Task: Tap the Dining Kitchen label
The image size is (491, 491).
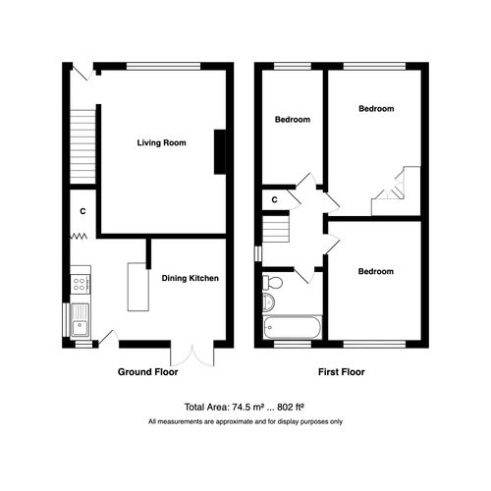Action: click(191, 278)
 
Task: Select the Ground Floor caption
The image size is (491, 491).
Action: click(148, 372)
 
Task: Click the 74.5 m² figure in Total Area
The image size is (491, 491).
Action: click(249, 406)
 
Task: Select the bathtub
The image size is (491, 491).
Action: click(291, 325)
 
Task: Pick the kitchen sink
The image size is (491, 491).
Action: click(81, 319)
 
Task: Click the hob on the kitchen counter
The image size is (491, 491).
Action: click(80, 285)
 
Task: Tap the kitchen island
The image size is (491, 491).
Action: click(136, 288)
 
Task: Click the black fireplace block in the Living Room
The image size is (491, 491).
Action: click(220, 153)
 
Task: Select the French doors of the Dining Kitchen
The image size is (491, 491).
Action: click(190, 353)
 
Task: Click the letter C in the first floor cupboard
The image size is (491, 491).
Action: click(275, 200)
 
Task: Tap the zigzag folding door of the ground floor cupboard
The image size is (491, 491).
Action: click(78, 237)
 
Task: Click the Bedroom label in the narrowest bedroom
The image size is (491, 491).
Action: click(292, 120)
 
